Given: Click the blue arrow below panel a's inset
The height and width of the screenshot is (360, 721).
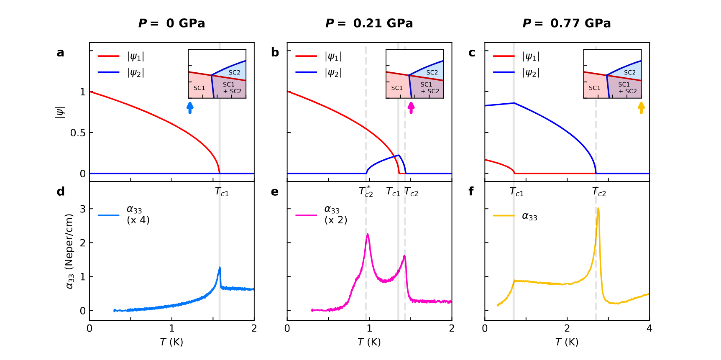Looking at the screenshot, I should tap(190, 108).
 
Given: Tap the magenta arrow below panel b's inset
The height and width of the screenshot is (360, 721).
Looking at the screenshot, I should tap(411, 108).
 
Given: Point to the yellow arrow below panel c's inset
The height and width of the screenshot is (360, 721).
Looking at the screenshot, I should tap(641, 108).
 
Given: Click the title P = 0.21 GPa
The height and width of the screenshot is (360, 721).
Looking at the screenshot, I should tap(369, 23).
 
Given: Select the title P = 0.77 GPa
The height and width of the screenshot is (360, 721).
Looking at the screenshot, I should tap(567, 23).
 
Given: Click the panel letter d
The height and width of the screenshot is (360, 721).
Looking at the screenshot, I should tap(61, 191).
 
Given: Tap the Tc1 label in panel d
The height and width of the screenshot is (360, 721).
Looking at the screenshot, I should tap(222, 192).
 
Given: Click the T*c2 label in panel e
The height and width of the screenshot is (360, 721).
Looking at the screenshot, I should tap(366, 191).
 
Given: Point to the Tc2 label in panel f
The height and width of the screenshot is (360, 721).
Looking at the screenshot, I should tap(599, 192).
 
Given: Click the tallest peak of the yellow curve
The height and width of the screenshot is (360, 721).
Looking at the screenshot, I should tap(598, 208).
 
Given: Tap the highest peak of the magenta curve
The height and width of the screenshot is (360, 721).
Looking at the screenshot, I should tap(368, 234).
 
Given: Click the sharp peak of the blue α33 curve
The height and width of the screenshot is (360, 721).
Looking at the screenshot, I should tap(220, 268).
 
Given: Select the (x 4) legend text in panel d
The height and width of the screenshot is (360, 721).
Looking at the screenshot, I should tap(138, 220).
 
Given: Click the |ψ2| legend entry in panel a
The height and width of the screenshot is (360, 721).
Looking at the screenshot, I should tap(135, 72).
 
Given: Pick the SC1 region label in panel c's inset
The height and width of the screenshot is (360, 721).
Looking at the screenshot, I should tap(594, 88).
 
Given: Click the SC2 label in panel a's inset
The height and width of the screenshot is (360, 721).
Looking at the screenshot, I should tap(234, 72).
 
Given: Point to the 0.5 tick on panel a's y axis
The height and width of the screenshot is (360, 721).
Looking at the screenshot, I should tap(78, 133).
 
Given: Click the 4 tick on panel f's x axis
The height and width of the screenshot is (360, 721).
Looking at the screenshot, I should tap(649, 329).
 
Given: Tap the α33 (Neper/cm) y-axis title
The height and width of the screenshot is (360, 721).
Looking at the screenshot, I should tap(70, 251).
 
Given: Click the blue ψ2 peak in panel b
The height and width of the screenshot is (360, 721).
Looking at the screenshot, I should tap(399, 156).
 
